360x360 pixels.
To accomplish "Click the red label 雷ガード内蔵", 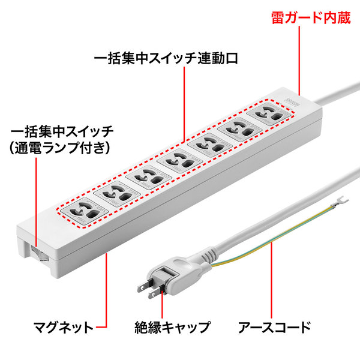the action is (311, 17).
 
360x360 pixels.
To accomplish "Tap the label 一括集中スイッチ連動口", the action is (166, 58).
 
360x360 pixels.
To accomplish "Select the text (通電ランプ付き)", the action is (59, 148).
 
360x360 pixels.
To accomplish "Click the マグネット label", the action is (63, 328).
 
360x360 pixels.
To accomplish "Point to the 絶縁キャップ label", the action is (172, 328).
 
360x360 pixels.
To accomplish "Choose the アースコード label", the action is (274, 328).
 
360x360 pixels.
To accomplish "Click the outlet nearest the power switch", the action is (85, 212).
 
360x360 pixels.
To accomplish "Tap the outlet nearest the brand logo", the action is (270, 114).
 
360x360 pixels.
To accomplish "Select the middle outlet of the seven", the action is (180, 160).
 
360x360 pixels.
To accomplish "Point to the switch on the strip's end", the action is (38, 253).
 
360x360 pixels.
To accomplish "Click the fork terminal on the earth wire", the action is (340, 202).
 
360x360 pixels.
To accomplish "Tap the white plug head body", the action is (175, 275).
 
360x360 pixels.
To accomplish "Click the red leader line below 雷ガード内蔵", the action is (299, 61).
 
